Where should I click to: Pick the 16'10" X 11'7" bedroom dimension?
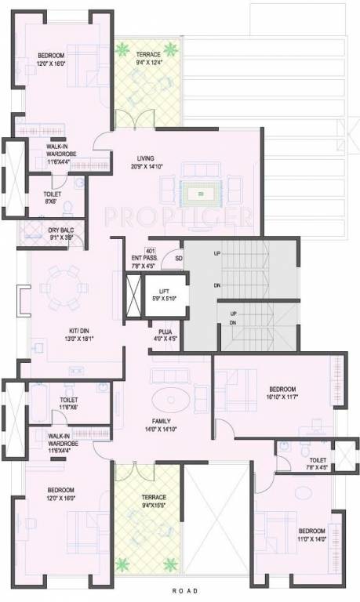click(x=282, y=398)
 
